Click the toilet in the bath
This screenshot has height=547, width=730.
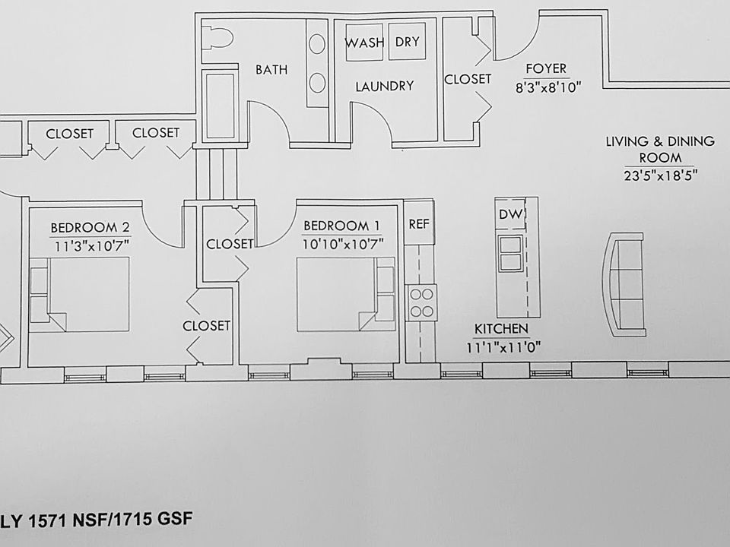click(x=217, y=38)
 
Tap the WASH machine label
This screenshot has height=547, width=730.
click(x=364, y=43)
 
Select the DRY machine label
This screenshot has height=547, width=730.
click(x=408, y=42)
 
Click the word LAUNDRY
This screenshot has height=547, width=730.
click(x=385, y=86)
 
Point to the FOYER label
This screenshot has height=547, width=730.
click(x=546, y=69)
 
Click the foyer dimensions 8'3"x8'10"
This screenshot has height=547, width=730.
click(x=548, y=87)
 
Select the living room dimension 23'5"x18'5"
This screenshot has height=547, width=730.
click(x=661, y=175)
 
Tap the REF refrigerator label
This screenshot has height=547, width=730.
click(x=418, y=224)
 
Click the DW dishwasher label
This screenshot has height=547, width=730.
click(x=509, y=214)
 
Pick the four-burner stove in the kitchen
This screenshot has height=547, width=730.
click(x=422, y=302)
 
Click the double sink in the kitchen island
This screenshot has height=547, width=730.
click(x=510, y=253)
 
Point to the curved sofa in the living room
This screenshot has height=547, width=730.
click(x=624, y=283)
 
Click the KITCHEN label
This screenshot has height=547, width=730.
click(x=501, y=329)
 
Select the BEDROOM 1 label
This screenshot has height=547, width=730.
click(x=341, y=226)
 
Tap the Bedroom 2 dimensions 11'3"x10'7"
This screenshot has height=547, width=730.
click(x=91, y=245)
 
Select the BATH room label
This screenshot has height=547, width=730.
click(x=272, y=70)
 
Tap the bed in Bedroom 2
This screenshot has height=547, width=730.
click(x=79, y=295)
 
